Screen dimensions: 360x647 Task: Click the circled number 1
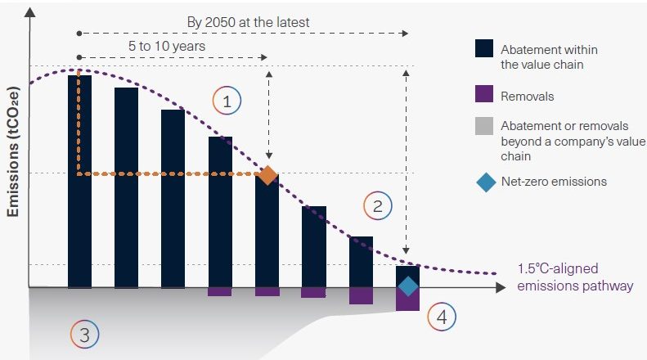(x=227, y=101)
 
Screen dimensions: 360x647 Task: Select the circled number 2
(x=377, y=205)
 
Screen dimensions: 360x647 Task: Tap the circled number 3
(x=84, y=333)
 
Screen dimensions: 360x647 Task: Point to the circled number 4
(x=442, y=317)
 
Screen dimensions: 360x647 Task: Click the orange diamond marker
(x=267, y=174)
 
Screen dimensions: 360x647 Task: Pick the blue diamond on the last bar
(x=407, y=286)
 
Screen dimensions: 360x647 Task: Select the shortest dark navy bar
(x=407, y=275)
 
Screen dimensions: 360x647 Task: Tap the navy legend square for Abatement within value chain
(x=483, y=49)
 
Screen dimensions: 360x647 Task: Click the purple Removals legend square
(x=483, y=95)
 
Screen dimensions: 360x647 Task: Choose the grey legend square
(x=483, y=126)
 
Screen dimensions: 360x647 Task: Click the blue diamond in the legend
(x=484, y=182)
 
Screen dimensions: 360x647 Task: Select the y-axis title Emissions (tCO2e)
(x=13, y=152)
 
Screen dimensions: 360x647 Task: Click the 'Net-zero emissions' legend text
(x=554, y=182)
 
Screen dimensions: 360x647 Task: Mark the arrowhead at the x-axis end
(x=500, y=288)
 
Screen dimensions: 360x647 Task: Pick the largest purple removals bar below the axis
(x=407, y=299)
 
